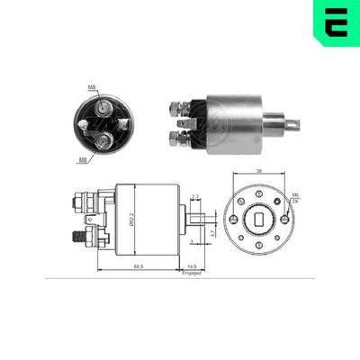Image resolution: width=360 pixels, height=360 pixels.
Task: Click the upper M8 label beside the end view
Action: pos(92,88)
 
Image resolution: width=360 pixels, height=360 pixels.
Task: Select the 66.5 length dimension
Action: pos(137,267)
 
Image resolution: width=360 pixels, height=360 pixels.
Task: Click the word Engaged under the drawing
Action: pos(193,274)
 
